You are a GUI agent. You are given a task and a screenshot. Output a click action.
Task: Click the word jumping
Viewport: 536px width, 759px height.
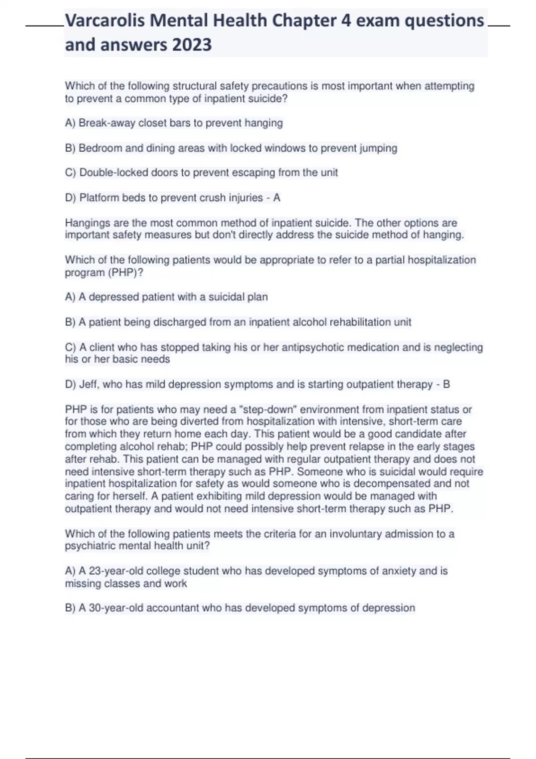(378, 148)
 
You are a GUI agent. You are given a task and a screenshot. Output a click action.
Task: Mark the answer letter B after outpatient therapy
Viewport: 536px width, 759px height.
(446, 384)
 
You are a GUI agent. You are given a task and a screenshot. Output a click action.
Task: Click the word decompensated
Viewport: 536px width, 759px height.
(385, 484)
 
